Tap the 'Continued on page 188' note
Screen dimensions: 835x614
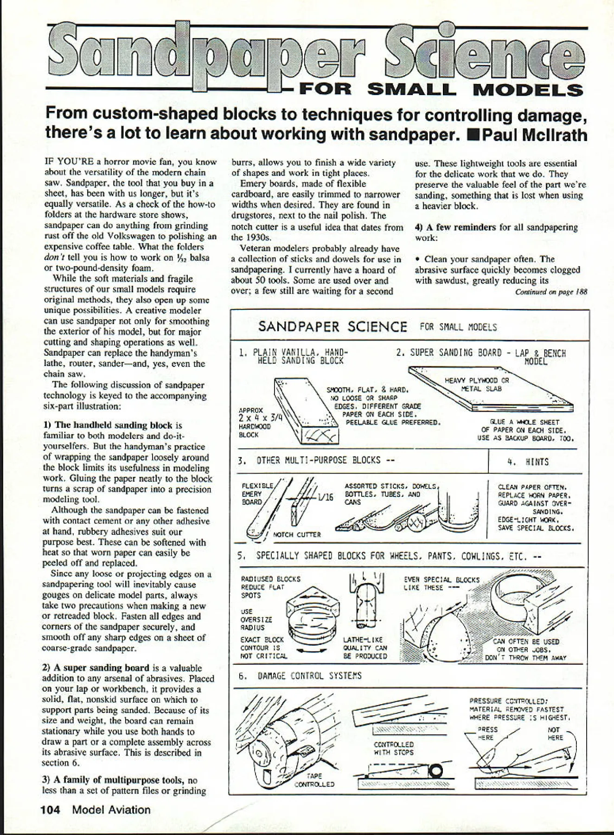click(x=551, y=292)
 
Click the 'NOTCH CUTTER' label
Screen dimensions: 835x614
click(x=297, y=534)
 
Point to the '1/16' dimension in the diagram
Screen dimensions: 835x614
click(x=325, y=497)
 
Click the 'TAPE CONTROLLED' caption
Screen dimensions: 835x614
click(x=314, y=780)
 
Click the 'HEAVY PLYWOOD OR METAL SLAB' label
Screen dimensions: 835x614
click(x=477, y=385)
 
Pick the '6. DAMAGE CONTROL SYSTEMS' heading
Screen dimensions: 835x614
click(x=300, y=676)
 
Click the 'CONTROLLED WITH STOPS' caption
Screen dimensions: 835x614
click(x=394, y=748)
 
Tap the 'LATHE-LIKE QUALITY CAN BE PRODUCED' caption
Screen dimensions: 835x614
click(x=365, y=648)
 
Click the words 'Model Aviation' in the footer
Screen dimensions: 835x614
click(x=112, y=810)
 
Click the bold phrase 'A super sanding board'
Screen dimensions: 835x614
click(x=102, y=668)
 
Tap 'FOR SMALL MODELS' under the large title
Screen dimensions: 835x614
click(x=441, y=89)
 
